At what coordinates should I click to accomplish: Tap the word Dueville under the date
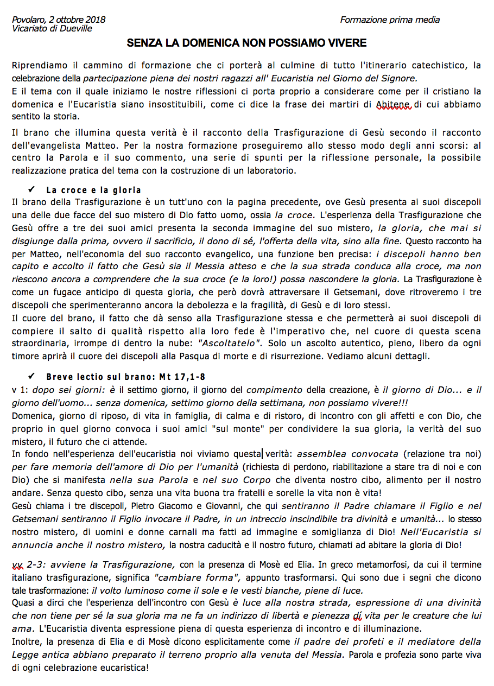click(x=75, y=28)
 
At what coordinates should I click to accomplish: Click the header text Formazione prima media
click(x=390, y=20)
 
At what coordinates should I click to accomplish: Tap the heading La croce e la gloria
click(x=93, y=190)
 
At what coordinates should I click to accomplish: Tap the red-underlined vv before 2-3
click(x=17, y=565)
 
